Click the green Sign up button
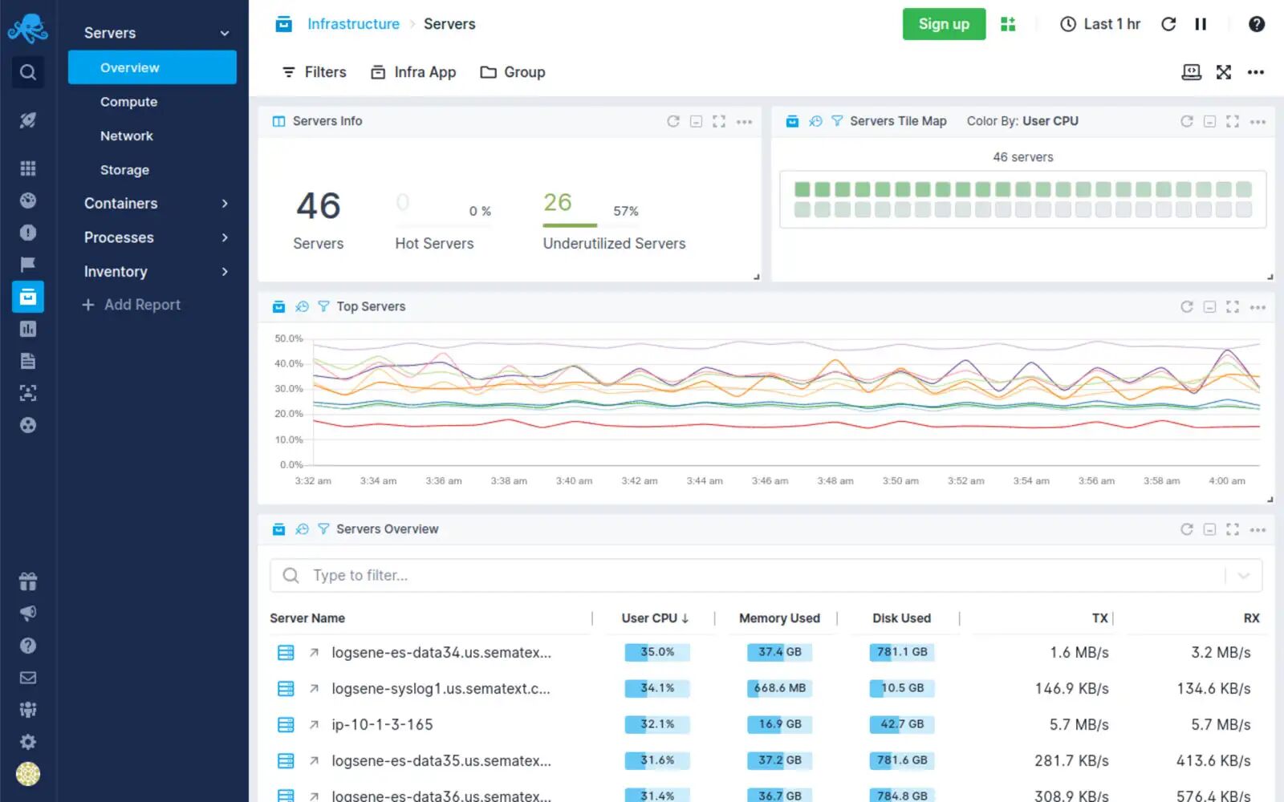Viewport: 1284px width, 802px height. [944, 24]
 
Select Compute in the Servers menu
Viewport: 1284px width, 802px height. [128, 102]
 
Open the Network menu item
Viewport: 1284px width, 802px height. [127, 136]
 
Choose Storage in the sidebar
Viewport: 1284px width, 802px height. [124, 170]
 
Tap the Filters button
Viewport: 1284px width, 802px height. [315, 72]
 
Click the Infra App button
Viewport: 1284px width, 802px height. [413, 72]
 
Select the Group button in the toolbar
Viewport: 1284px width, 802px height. [513, 72]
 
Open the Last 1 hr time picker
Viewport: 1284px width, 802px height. [1100, 24]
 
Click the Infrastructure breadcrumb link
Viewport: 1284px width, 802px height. [353, 24]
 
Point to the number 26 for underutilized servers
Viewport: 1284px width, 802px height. [558, 202]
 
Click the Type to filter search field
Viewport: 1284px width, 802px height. [762, 576]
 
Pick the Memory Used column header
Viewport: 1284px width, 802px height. [779, 618]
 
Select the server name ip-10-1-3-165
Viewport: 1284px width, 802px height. [382, 725]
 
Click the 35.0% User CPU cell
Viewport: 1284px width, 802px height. [657, 652]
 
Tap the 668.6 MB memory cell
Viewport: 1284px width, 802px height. [779, 688]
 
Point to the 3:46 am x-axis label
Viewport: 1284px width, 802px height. [770, 481]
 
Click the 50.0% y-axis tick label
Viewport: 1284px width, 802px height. [289, 338]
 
